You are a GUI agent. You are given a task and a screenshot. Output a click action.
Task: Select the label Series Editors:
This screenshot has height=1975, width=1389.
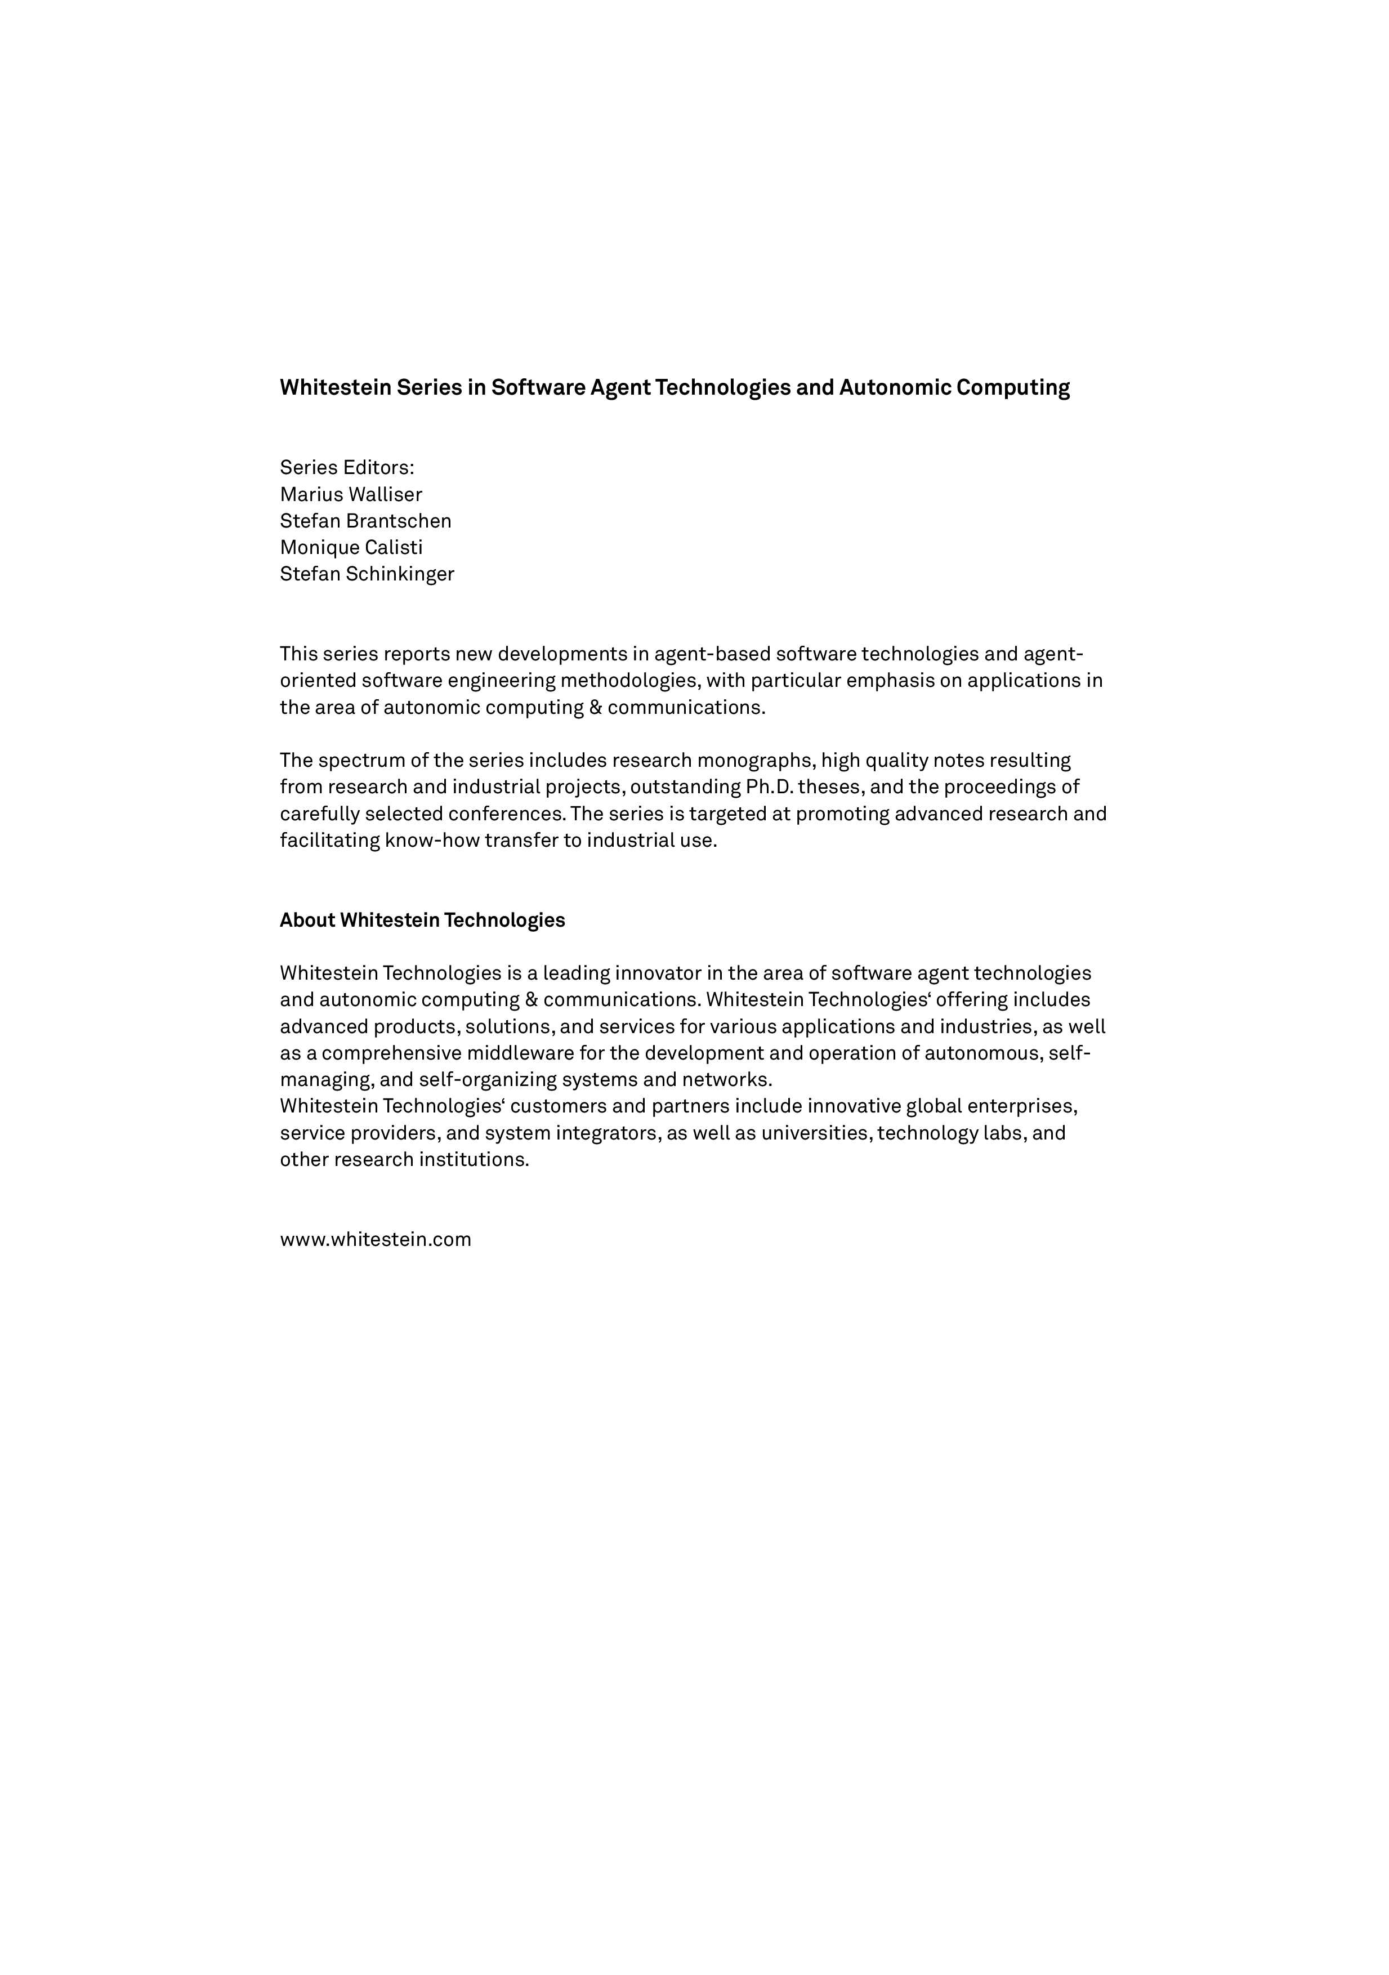point(347,467)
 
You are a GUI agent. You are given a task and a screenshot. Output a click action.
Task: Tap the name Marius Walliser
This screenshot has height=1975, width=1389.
point(351,495)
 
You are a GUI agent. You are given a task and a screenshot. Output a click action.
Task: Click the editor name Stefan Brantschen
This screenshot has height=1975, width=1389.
point(365,521)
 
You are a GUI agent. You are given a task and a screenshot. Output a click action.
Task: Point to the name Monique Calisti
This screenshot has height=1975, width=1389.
point(351,548)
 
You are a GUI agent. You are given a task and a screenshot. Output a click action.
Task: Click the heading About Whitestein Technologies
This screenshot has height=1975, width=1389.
point(422,921)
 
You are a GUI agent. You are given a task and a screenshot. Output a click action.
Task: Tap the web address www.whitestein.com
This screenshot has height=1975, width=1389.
point(375,1240)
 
